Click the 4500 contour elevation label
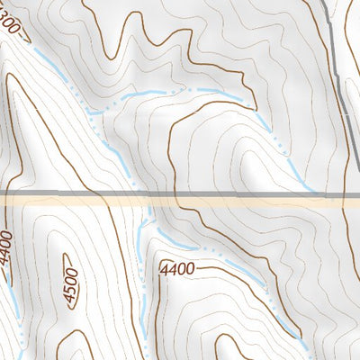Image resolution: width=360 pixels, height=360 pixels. (x=67, y=283)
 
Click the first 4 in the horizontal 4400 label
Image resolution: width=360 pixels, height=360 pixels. (x=164, y=269)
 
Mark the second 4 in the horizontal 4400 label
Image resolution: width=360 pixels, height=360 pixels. (x=173, y=269)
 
